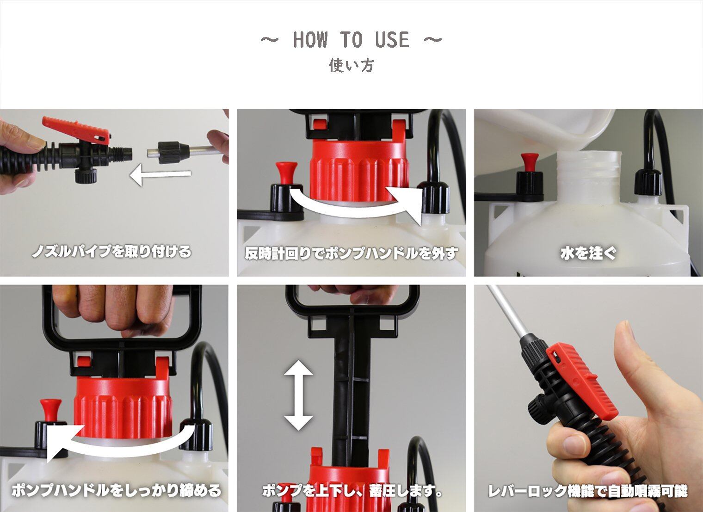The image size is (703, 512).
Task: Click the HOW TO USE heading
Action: pos(351,40)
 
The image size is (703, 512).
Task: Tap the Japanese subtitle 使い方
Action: pos(351,66)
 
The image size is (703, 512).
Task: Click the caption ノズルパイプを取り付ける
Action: pos(111,252)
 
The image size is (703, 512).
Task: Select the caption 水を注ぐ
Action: pos(588,253)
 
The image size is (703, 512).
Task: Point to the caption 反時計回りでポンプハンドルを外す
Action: pos(351,253)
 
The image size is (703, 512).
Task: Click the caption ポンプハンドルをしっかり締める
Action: pos(116,490)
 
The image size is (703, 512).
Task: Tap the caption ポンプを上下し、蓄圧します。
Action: pos(352,491)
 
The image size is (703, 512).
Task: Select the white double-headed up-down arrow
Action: pos(298,395)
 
